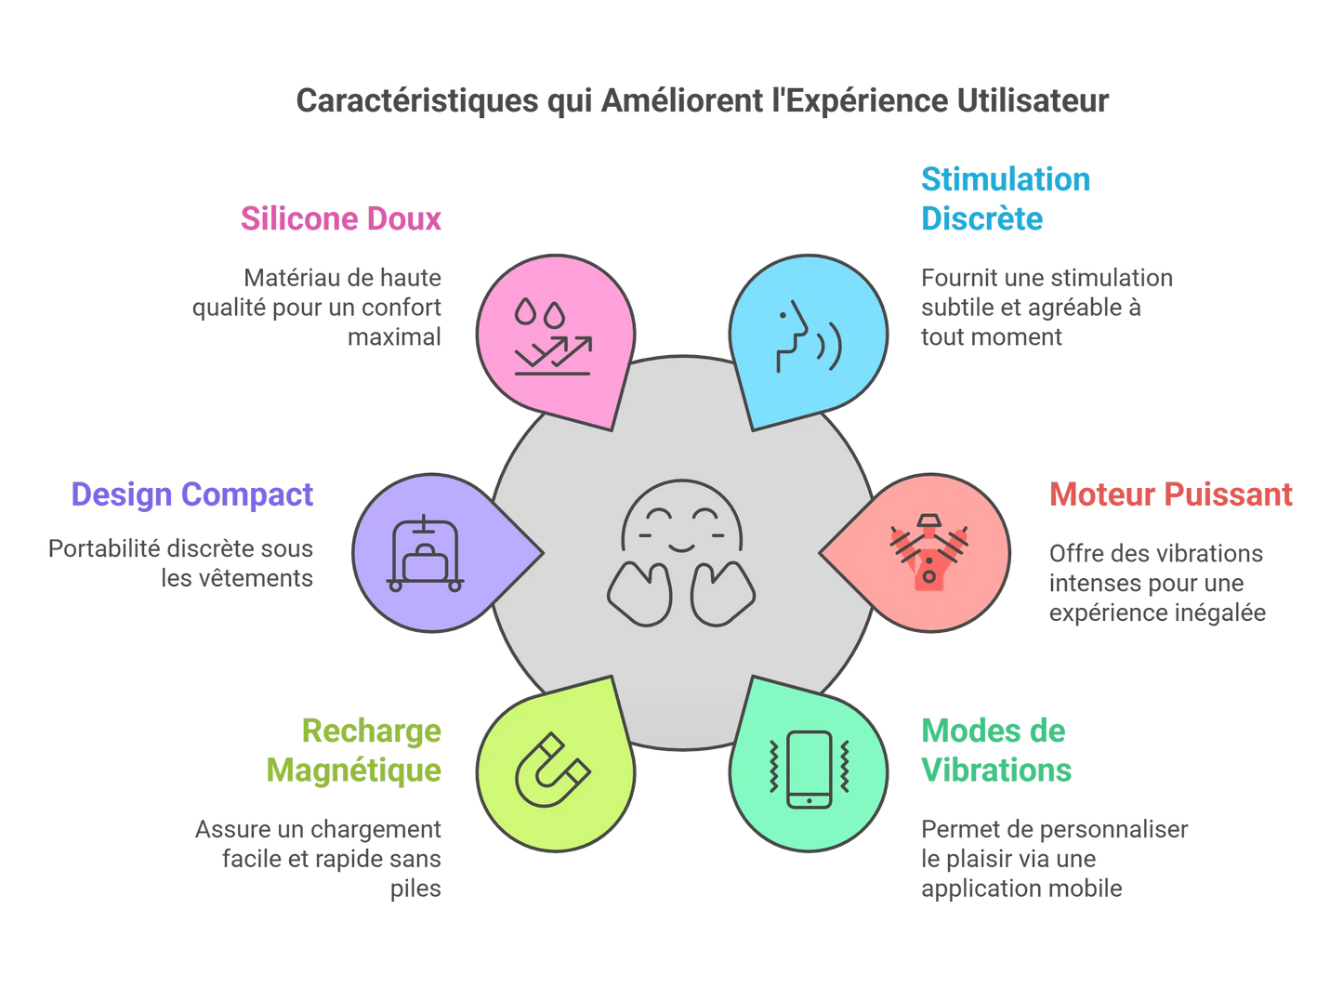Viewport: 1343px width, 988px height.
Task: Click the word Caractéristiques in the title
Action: tap(417, 100)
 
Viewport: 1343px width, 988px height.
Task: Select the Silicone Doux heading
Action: tap(341, 218)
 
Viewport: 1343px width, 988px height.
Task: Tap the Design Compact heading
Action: tap(192, 495)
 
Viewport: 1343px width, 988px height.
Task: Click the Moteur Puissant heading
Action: tap(1171, 495)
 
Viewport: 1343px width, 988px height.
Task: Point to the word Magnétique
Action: tap(354, 771)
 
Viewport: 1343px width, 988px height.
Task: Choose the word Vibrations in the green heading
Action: tap(996, 771)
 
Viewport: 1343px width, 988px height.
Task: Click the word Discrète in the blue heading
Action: tap(982, 218)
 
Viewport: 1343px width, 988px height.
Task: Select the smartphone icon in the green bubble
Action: tap(810, 770)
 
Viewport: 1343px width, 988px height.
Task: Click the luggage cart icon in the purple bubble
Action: tap(425, 553)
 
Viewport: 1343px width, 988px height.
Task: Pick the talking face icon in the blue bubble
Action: tap(809, 336)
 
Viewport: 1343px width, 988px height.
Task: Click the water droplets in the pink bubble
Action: tap(540, 311)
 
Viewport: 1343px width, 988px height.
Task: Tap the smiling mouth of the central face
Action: tap(681, 547)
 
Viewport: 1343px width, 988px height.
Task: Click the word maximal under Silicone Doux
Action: tap(394, 337)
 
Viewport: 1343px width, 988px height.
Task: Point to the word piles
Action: tap(415, 889)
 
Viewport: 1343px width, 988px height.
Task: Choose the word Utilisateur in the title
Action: tap(1033, 100)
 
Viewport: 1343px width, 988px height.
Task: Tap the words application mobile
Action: tap(1021, 889)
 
